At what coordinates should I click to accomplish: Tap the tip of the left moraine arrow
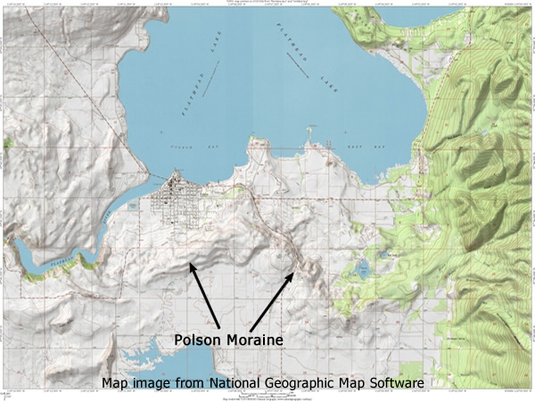pos(189,264)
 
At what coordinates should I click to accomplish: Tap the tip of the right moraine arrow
pos(294,272)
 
